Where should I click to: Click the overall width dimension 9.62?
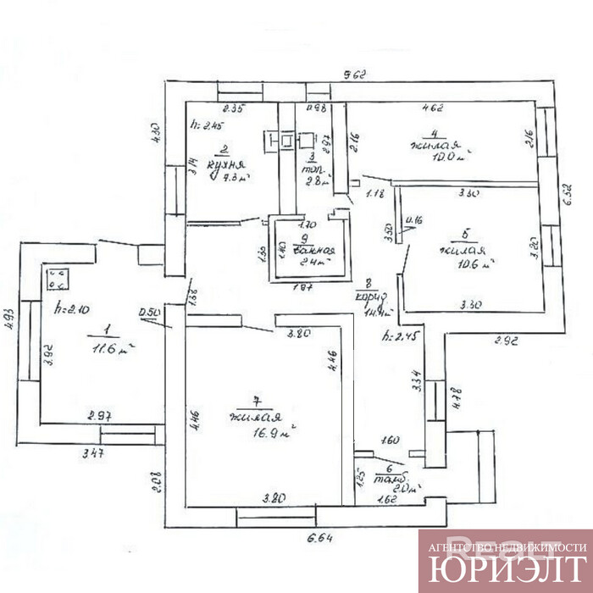[355, 75]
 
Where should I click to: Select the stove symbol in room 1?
[58, 276]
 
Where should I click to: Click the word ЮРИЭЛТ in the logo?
[506, 568]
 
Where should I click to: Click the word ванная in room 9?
[313, 251]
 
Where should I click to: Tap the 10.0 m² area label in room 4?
[450, 156]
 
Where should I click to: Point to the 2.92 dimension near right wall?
[505, 342]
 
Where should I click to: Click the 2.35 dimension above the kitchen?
[233, 108]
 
